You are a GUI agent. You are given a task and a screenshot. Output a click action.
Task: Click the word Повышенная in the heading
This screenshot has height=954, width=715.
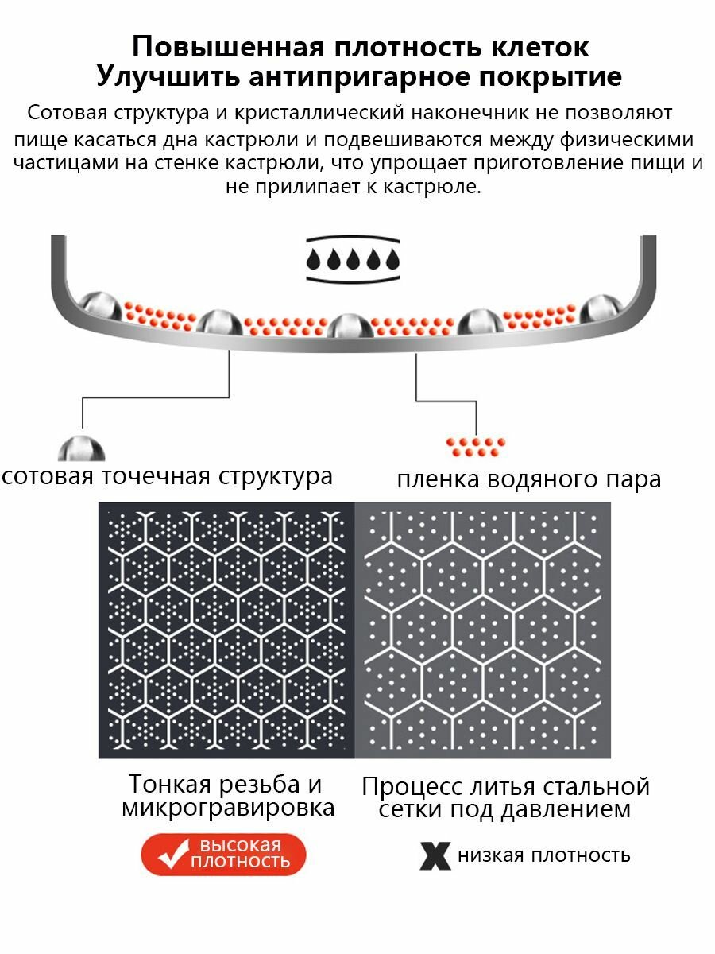228,47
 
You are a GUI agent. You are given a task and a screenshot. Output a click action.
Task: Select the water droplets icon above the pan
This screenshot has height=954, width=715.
353,260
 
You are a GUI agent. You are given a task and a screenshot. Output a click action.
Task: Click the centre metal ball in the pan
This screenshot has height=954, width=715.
350,326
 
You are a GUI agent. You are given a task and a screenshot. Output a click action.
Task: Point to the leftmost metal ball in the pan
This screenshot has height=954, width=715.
100,305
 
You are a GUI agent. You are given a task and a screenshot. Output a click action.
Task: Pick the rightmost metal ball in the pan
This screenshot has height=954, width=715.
601,308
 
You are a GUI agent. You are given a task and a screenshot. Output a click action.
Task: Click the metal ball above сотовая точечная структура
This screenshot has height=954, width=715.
82,448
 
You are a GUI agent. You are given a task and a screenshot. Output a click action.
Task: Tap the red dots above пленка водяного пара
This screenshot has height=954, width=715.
476,448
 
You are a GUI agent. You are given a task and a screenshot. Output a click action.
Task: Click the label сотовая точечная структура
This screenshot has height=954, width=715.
167,476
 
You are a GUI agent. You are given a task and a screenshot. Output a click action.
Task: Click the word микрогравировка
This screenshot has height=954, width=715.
228,809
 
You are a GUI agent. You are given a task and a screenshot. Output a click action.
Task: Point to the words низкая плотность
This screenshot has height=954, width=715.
543,855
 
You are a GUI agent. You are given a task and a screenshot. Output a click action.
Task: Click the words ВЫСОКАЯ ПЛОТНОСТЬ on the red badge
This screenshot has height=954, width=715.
240,853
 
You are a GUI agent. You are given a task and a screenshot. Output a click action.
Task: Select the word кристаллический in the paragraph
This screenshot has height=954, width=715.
320,113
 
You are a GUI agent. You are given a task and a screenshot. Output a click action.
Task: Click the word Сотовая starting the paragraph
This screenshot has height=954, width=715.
68,113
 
